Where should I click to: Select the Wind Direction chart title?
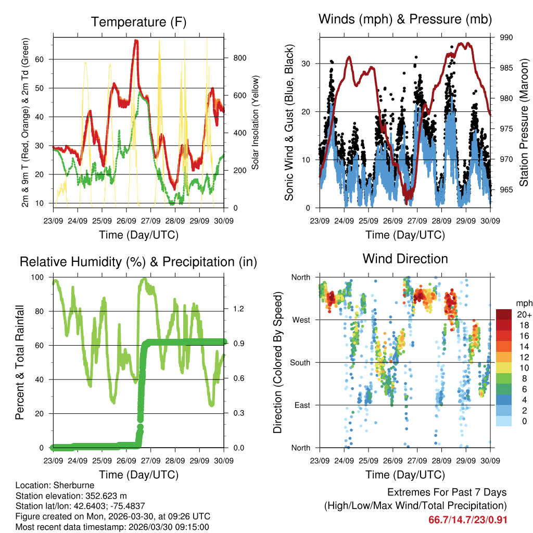405,259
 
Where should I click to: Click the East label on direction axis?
301,405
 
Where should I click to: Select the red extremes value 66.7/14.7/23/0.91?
467,520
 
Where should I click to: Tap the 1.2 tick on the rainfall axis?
238,309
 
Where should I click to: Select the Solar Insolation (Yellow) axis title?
256,123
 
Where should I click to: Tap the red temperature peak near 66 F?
136,41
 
